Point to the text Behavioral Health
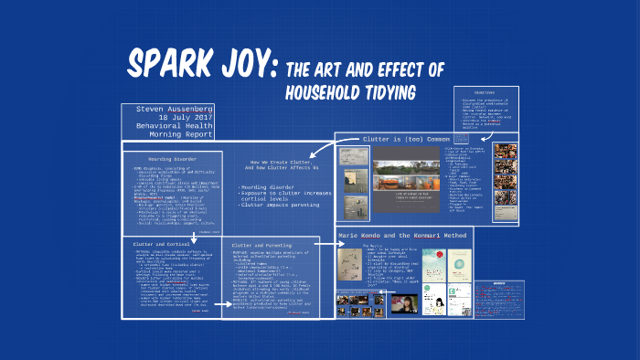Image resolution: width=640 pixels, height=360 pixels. (181, 129)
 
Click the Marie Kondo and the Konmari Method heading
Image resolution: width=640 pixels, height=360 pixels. (406, 235)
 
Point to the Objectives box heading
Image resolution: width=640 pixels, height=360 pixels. (485, 92)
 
